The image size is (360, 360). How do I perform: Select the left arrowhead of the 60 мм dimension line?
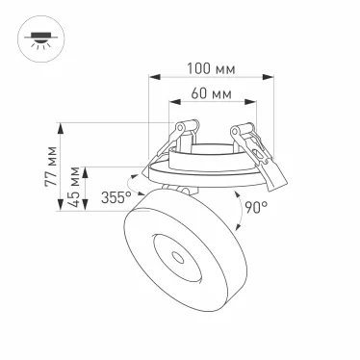click(170, 104)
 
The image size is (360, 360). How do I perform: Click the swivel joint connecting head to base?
click(172, 189)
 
